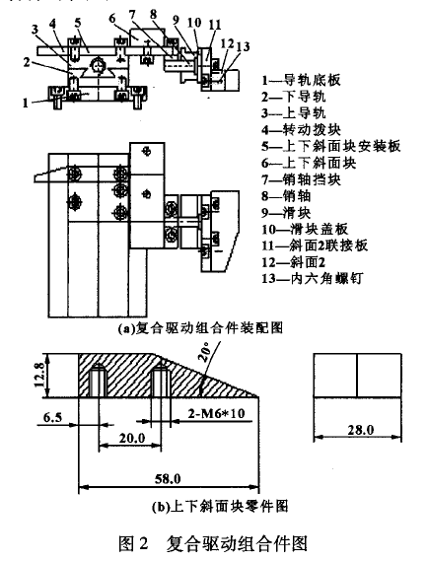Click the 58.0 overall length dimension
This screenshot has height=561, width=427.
click(168, 479)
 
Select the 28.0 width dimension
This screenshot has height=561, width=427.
click(360, 430)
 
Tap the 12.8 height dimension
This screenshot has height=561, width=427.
click(39, 375)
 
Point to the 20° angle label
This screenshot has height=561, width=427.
click(205, 352)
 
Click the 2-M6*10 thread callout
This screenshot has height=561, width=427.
click(217, 413)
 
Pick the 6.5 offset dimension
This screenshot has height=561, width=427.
click(52, 417)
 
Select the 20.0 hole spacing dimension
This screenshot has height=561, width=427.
click(132, 438)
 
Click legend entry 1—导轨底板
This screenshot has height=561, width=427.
click(301, 80)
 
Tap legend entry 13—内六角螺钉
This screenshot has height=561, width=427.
click(312, 278)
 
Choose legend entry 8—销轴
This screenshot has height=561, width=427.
click(286, 196)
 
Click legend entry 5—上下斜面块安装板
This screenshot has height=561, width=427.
click(330, 146)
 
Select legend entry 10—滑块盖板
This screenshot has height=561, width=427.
click(305, 229)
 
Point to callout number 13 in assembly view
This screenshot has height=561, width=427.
click(243, 46)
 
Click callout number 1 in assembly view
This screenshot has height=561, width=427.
click(25, 104)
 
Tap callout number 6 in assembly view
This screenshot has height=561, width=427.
click(112, 18)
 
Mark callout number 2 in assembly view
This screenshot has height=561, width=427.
click(27, 62)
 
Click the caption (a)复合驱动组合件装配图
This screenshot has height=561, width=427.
click(201, 327)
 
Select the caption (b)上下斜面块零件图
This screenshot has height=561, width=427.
click(219, 506)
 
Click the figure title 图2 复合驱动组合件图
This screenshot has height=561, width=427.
click(213, 544)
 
